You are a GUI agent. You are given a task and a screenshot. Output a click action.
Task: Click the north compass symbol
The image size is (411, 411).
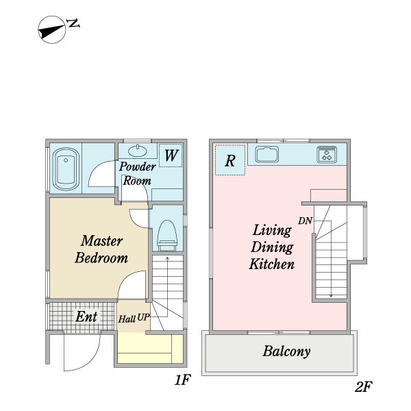[x=51, y=29]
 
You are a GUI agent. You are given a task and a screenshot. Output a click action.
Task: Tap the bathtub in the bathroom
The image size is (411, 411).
[x=66, y=169]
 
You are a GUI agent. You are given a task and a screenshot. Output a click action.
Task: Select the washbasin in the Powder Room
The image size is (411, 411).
[x=138, y=151]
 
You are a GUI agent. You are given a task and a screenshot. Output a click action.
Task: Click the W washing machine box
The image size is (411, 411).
[x=171, y=155]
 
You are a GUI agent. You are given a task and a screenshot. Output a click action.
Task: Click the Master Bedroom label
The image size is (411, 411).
[x=101, y=249]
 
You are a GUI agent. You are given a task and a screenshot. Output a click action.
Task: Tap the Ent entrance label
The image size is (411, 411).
[x=86, y=316]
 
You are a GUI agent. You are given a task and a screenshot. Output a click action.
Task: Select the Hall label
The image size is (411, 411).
[x=127, y=319]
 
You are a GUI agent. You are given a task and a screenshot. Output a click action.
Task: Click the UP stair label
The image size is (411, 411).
[x=143, y=317]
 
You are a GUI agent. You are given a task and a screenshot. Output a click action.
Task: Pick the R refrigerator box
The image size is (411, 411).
[x=230, y=160]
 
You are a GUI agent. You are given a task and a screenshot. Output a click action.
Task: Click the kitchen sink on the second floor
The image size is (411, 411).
[x=267, y=154]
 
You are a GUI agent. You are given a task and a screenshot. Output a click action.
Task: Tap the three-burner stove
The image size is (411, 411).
[x=327, y=154]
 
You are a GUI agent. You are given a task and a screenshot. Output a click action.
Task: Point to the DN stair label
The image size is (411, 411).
[x=305, y=221]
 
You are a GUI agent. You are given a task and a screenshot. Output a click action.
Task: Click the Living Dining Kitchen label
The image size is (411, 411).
[x=272, y=247]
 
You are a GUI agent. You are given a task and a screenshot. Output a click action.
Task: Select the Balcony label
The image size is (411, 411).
[x=286, y=351]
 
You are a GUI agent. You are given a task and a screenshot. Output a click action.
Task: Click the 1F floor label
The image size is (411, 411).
[x=183, y=379]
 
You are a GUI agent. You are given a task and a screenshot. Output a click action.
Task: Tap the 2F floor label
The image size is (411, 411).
[x=364, y=386]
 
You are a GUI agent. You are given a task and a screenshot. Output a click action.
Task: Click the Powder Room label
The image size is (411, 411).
[x=138, y=173]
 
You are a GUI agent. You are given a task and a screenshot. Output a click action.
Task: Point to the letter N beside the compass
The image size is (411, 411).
[x=73, y=23]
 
